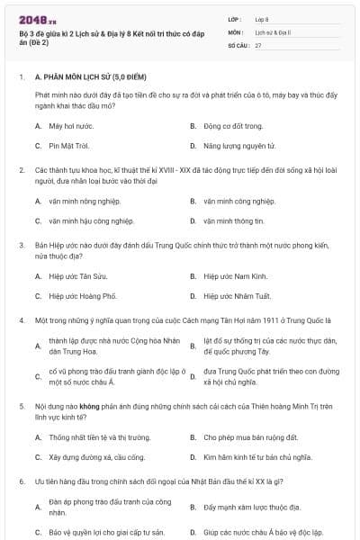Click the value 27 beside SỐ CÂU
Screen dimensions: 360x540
coord(258,45)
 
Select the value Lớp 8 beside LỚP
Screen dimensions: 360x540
coord(262,18)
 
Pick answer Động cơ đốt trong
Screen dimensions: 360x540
coord(232,125)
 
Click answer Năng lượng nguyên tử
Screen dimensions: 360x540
coord(238,145)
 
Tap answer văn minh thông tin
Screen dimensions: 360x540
coord(233,220)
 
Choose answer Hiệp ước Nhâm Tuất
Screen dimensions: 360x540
coord(238,295)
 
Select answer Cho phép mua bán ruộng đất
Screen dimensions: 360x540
coord(243,437)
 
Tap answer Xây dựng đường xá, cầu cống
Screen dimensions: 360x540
coord(90,457)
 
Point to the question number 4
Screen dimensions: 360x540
coord(21,320)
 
